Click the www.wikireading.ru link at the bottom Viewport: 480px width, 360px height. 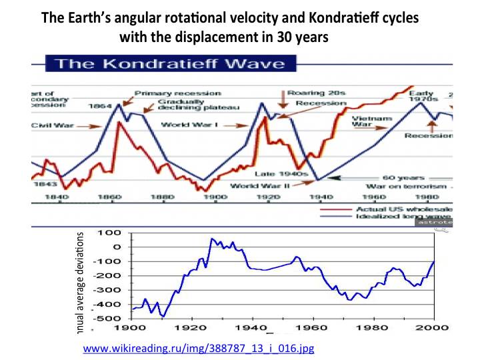[x=198, y=348]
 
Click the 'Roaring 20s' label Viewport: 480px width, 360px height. [x=305, y=93]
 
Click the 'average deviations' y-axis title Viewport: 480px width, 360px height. [x=82, y=275]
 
